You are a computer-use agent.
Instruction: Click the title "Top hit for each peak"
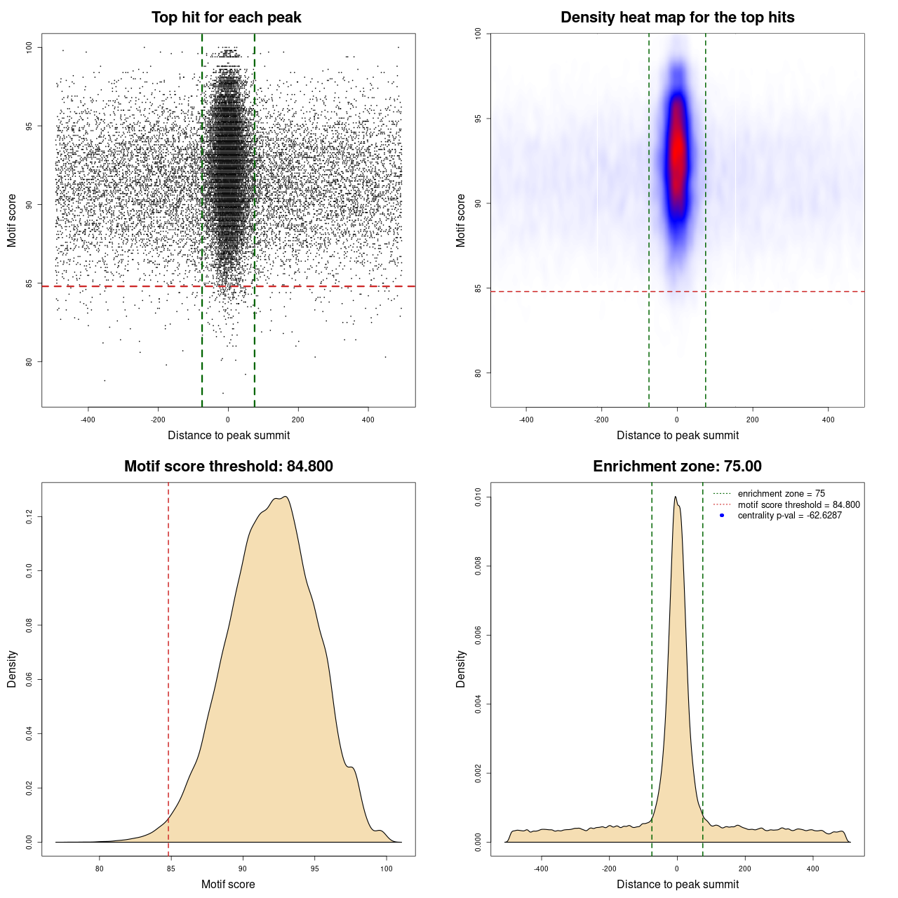tap(226, 18)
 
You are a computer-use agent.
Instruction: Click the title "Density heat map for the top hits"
tap(677, 18)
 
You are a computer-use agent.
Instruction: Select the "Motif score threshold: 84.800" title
tap(228, 467)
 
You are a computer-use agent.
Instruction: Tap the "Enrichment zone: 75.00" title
tap(677, 467)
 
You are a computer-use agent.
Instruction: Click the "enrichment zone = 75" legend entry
tap(781, 494)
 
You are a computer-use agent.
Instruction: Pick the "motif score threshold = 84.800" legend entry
tap(798, 504)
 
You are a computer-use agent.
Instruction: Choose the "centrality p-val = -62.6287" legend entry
tap(789, 516)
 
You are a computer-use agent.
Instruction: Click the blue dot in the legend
tap(722, 516)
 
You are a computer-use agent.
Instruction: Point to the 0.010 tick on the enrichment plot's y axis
tap(478, 497)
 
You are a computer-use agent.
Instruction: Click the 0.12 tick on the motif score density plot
tap(29, 517)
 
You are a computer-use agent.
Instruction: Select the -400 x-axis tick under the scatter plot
tap(88, 420)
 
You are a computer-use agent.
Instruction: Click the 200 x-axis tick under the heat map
tap(753, 420)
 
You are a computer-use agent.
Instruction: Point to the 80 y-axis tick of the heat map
tap(478, 373)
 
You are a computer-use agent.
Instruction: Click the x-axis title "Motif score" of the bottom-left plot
tap(228, 884)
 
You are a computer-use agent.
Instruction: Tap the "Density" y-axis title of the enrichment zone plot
tap(461, 669)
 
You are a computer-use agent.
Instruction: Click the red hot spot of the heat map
tap(677, 151)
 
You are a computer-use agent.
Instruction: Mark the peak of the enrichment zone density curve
tap(675, 497)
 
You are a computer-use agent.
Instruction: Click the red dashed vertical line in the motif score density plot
tap(168, 666)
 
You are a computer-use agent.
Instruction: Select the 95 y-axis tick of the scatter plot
tap(29, 126)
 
